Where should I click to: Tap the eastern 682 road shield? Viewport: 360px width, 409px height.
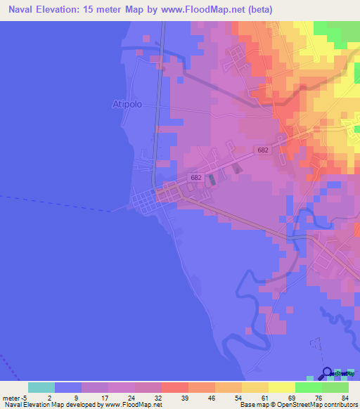(x=263, y=150)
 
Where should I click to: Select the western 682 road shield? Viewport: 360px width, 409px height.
(x=195, y=178)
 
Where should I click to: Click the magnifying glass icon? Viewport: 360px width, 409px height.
(x=327, y=373)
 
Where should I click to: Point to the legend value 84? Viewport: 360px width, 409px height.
(x=345, y=397)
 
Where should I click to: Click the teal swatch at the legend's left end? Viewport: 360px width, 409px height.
(x=41, y=387)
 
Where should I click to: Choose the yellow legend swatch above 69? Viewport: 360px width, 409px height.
(x=281, y=387)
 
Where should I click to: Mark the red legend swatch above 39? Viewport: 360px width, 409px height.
(x=174, y=387)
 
